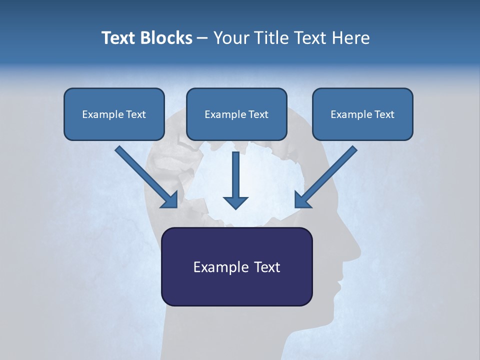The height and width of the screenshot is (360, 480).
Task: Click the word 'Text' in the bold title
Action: tap(118, 38)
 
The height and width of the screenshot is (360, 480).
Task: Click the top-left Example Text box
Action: tap(114, 114)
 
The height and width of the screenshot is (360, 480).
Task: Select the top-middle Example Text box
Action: tap(236, 114)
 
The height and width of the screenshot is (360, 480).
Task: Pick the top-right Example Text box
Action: tap(362, 114)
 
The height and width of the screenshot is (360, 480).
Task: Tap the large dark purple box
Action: tap(236, 266)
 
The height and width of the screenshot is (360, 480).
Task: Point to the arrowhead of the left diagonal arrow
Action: tap(170, 200)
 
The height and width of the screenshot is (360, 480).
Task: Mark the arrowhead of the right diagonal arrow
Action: tap(302, 200)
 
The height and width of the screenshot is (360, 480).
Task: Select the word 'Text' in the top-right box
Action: tap(384, 114)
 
